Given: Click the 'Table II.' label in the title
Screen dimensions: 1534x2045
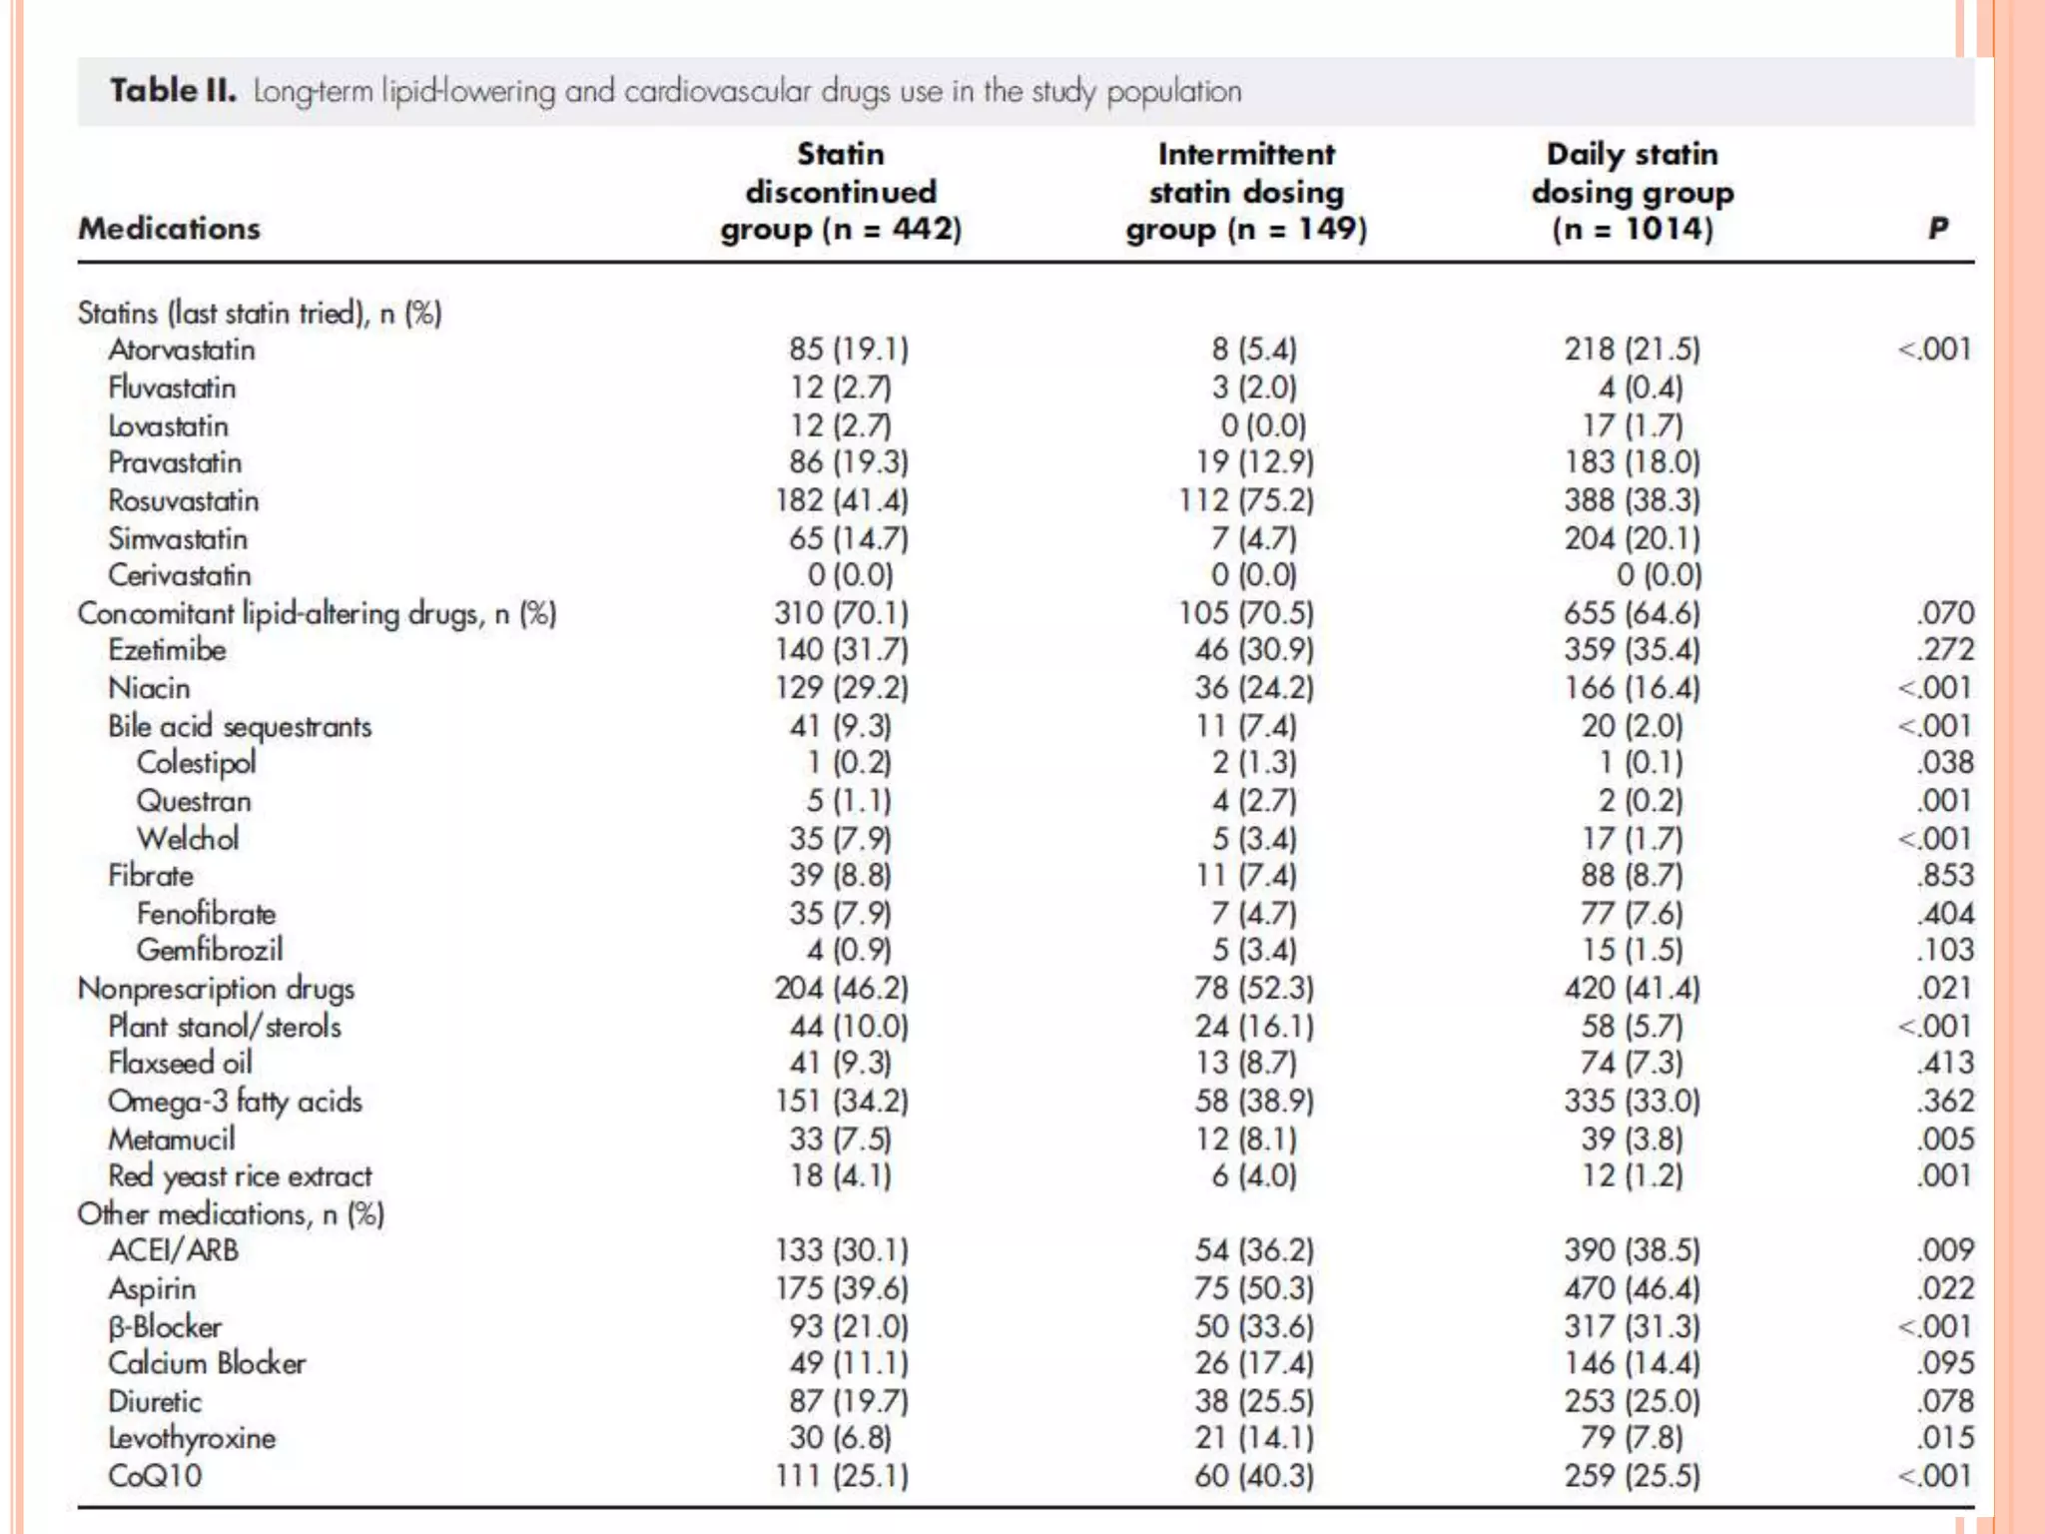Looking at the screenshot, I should pyautogui.click(x=173, y=91).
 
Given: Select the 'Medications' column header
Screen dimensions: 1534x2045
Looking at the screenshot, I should pyautogui.click(x=170, y=229).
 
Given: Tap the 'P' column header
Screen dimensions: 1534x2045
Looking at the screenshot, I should pyautogui.click(x=1937, y=229).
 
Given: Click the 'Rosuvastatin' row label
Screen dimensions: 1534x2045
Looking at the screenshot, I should pyautogui.click(x=184, y=500).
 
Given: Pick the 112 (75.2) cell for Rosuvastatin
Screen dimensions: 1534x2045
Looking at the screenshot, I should pyautogui.click(x=1246, y=500).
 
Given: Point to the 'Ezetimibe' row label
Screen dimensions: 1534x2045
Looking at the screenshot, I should pyautogui.click(x=168, y=650).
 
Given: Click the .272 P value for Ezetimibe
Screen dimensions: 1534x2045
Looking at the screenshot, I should pyautogui.click(x=1945, y=650).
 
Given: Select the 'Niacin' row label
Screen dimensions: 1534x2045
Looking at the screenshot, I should pyautogui.click(x=149, y=688).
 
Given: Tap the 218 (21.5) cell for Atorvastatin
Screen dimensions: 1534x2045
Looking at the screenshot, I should pyautogui.click(x=1632, y=350).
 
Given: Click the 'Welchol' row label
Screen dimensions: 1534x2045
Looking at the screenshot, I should pyautogui.click(x=188, y=839).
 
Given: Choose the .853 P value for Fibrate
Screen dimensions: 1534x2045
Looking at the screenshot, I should pyautogui.click(x=1945, y=876).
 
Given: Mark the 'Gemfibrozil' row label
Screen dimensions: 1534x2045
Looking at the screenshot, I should pyautogui.click(x=210, y=950).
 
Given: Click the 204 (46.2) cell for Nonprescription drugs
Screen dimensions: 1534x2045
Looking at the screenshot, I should pyautogui.click(x=841, y=989).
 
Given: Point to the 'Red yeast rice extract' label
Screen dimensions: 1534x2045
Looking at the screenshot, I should pyautogui.click(x=240, y=1176).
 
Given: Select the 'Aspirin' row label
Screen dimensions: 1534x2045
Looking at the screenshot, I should pyautogui.click(x=152, y=1289).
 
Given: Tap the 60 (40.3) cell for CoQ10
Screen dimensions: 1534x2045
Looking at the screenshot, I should pyautogui.click(x=1253, y=1476).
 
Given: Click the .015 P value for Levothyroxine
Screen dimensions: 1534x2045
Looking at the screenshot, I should pyautogui.click(x=1945, y=1438).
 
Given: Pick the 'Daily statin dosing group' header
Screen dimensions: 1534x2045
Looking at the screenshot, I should pyautogui.click(x=1633, y=191).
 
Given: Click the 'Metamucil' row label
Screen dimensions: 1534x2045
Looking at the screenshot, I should pyautogui.click(x=172, y=1140).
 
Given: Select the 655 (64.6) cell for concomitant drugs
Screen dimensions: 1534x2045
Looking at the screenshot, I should pyautogui.click(x=1632, y=613).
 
